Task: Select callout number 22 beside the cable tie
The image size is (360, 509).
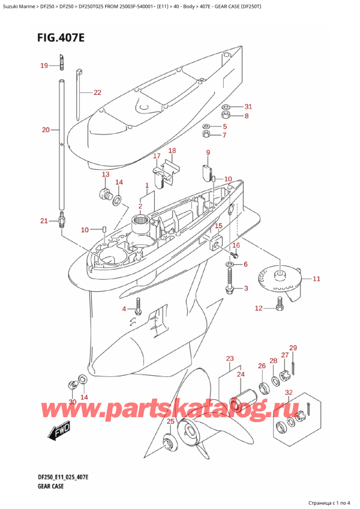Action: click(x=97, y=92)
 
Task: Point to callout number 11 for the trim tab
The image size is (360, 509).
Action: click(x=316, y=279)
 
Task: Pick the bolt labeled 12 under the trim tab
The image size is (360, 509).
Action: click(x=278, y=307)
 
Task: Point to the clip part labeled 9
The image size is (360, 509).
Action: click(x=208, y=171)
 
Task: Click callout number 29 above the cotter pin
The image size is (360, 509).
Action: click(x=293, y=348)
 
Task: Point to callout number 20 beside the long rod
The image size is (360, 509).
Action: click(x=46, y=130)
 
